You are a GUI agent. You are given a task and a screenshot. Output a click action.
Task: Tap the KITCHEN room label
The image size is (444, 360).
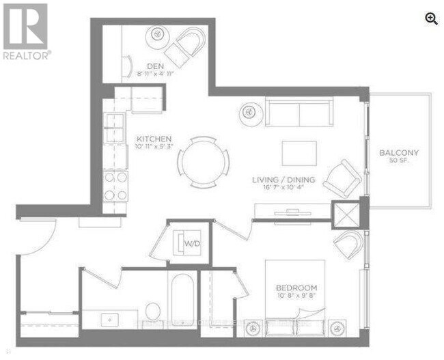tap(152, 137)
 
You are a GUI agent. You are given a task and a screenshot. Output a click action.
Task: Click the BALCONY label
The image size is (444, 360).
tap(399, 152)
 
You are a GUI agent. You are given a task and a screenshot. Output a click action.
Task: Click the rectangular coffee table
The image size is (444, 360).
tap(299, 153)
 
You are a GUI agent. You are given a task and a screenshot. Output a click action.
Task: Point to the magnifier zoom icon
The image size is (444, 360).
tap(432, 19)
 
